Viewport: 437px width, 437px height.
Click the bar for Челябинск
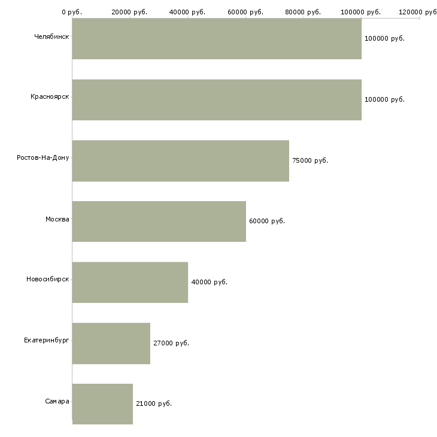tap(217, 39)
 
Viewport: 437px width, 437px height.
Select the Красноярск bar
tap(217, 100)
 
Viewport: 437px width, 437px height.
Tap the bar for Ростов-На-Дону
tap(181, 161)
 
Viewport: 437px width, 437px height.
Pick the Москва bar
tap(159, 221)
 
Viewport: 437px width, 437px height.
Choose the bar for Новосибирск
tap(130, 283)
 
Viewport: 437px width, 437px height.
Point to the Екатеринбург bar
tap(111, 344)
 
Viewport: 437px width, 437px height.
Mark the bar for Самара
tap(102, 404)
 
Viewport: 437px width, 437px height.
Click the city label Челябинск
tap(51, 37)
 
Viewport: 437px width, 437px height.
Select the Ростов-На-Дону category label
tap(43, 158)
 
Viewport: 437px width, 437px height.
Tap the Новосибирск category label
tap(48, 279)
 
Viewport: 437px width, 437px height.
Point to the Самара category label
tap(57, 401)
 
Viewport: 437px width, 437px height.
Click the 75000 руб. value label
tap(310, 161)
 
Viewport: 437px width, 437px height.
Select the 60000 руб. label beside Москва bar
tap(267, 221)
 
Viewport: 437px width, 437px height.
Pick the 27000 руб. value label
tap(171, 344)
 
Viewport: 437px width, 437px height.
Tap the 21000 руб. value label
tap(154, 404)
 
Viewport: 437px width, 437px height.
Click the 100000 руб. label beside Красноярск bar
tap(384, 100)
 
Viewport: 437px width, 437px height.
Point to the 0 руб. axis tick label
tap(72, 12)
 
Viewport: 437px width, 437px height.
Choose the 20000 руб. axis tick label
tap(129, 12)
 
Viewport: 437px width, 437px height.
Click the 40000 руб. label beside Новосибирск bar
tap(210, 283)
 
